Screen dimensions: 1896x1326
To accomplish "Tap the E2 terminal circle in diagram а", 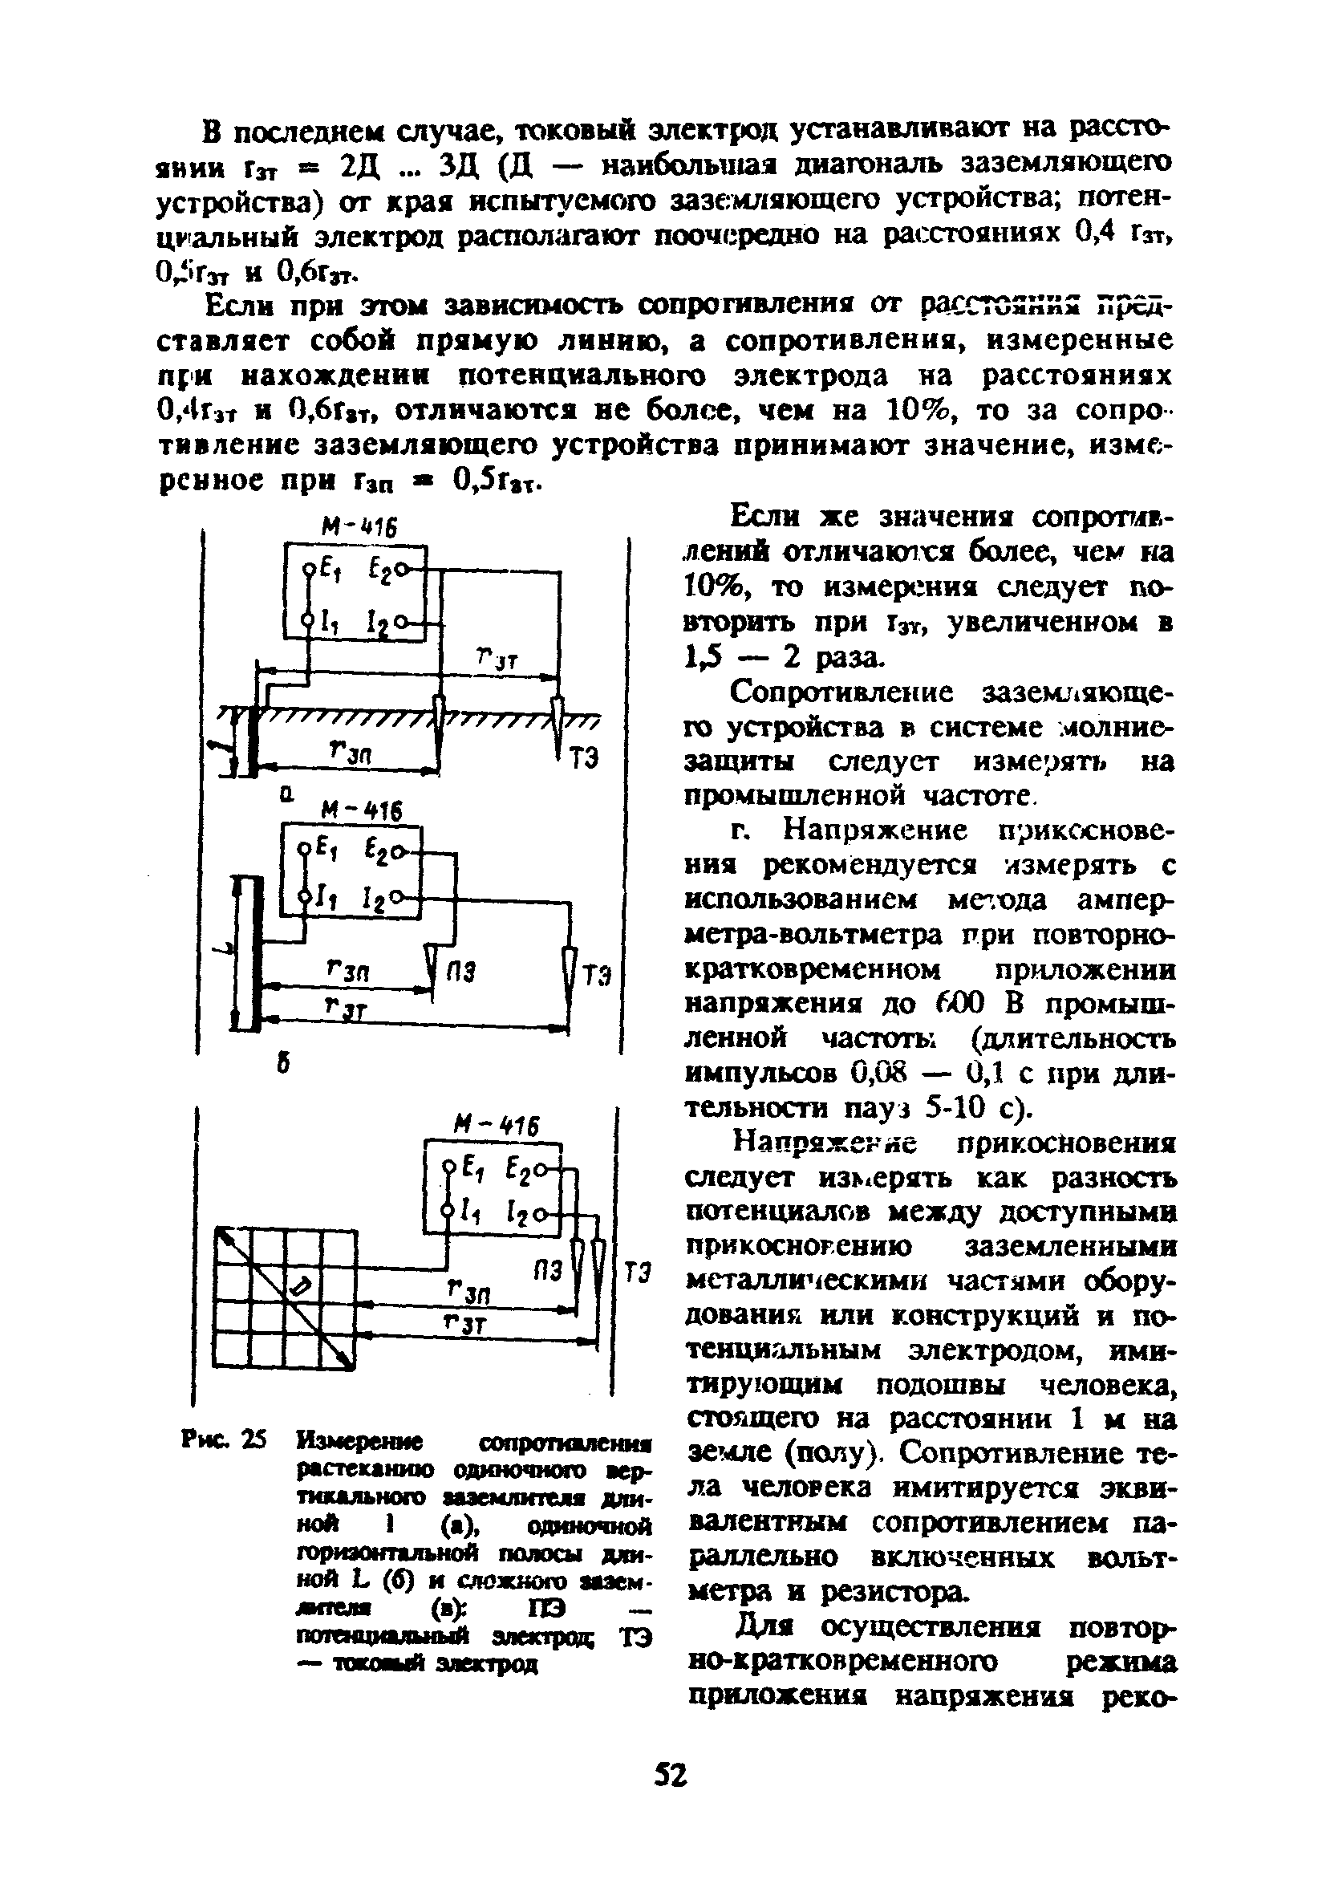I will (x=400, y=570).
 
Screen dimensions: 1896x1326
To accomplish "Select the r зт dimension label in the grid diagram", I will (x=467, y=1324).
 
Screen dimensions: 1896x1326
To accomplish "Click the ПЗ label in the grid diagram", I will (x=546, y=1271).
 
